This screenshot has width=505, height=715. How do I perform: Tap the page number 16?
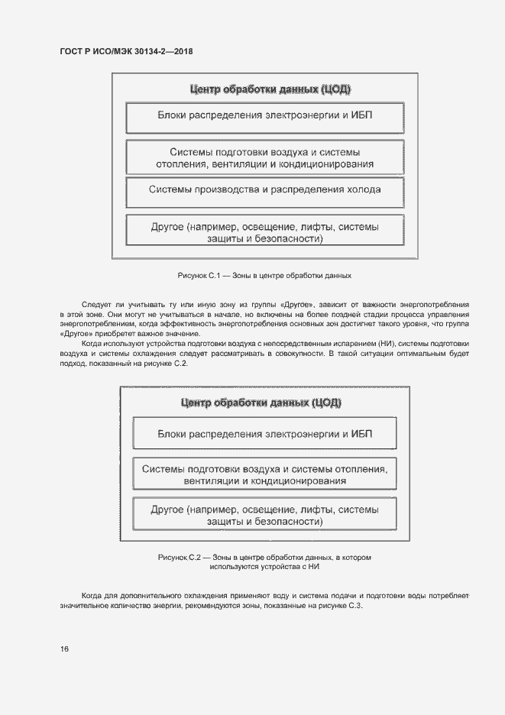(64, 649)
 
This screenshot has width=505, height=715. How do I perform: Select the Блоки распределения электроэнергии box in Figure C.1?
(264, 116)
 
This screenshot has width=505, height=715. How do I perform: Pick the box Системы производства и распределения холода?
(264, 189)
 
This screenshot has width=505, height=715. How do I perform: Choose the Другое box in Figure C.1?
(264, 232)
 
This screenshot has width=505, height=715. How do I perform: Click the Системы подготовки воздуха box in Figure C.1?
(264, 157)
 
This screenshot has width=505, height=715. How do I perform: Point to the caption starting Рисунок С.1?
(264, 274)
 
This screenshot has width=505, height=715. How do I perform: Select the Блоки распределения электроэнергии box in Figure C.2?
(264, 433)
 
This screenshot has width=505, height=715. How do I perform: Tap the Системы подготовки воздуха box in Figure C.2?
(264, 474)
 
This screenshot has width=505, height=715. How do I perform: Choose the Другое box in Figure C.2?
(264, 514)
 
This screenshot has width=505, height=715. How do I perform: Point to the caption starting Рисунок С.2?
(264, 562)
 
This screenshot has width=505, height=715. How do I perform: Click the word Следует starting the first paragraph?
(95, 305)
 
